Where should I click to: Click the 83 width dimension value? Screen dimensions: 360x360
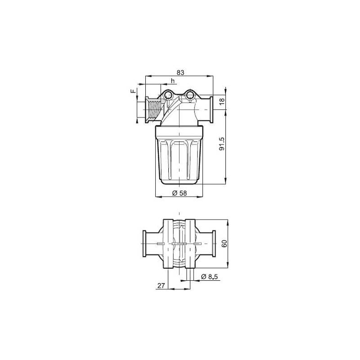tap(180, 72)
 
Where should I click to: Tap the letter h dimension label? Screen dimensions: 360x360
tap(172, 81)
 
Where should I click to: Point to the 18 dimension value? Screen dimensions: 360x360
tap(221, 102)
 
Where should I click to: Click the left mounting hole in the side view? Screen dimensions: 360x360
tap(169, 95)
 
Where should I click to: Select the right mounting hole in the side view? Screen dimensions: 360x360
tap(191, 95)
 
